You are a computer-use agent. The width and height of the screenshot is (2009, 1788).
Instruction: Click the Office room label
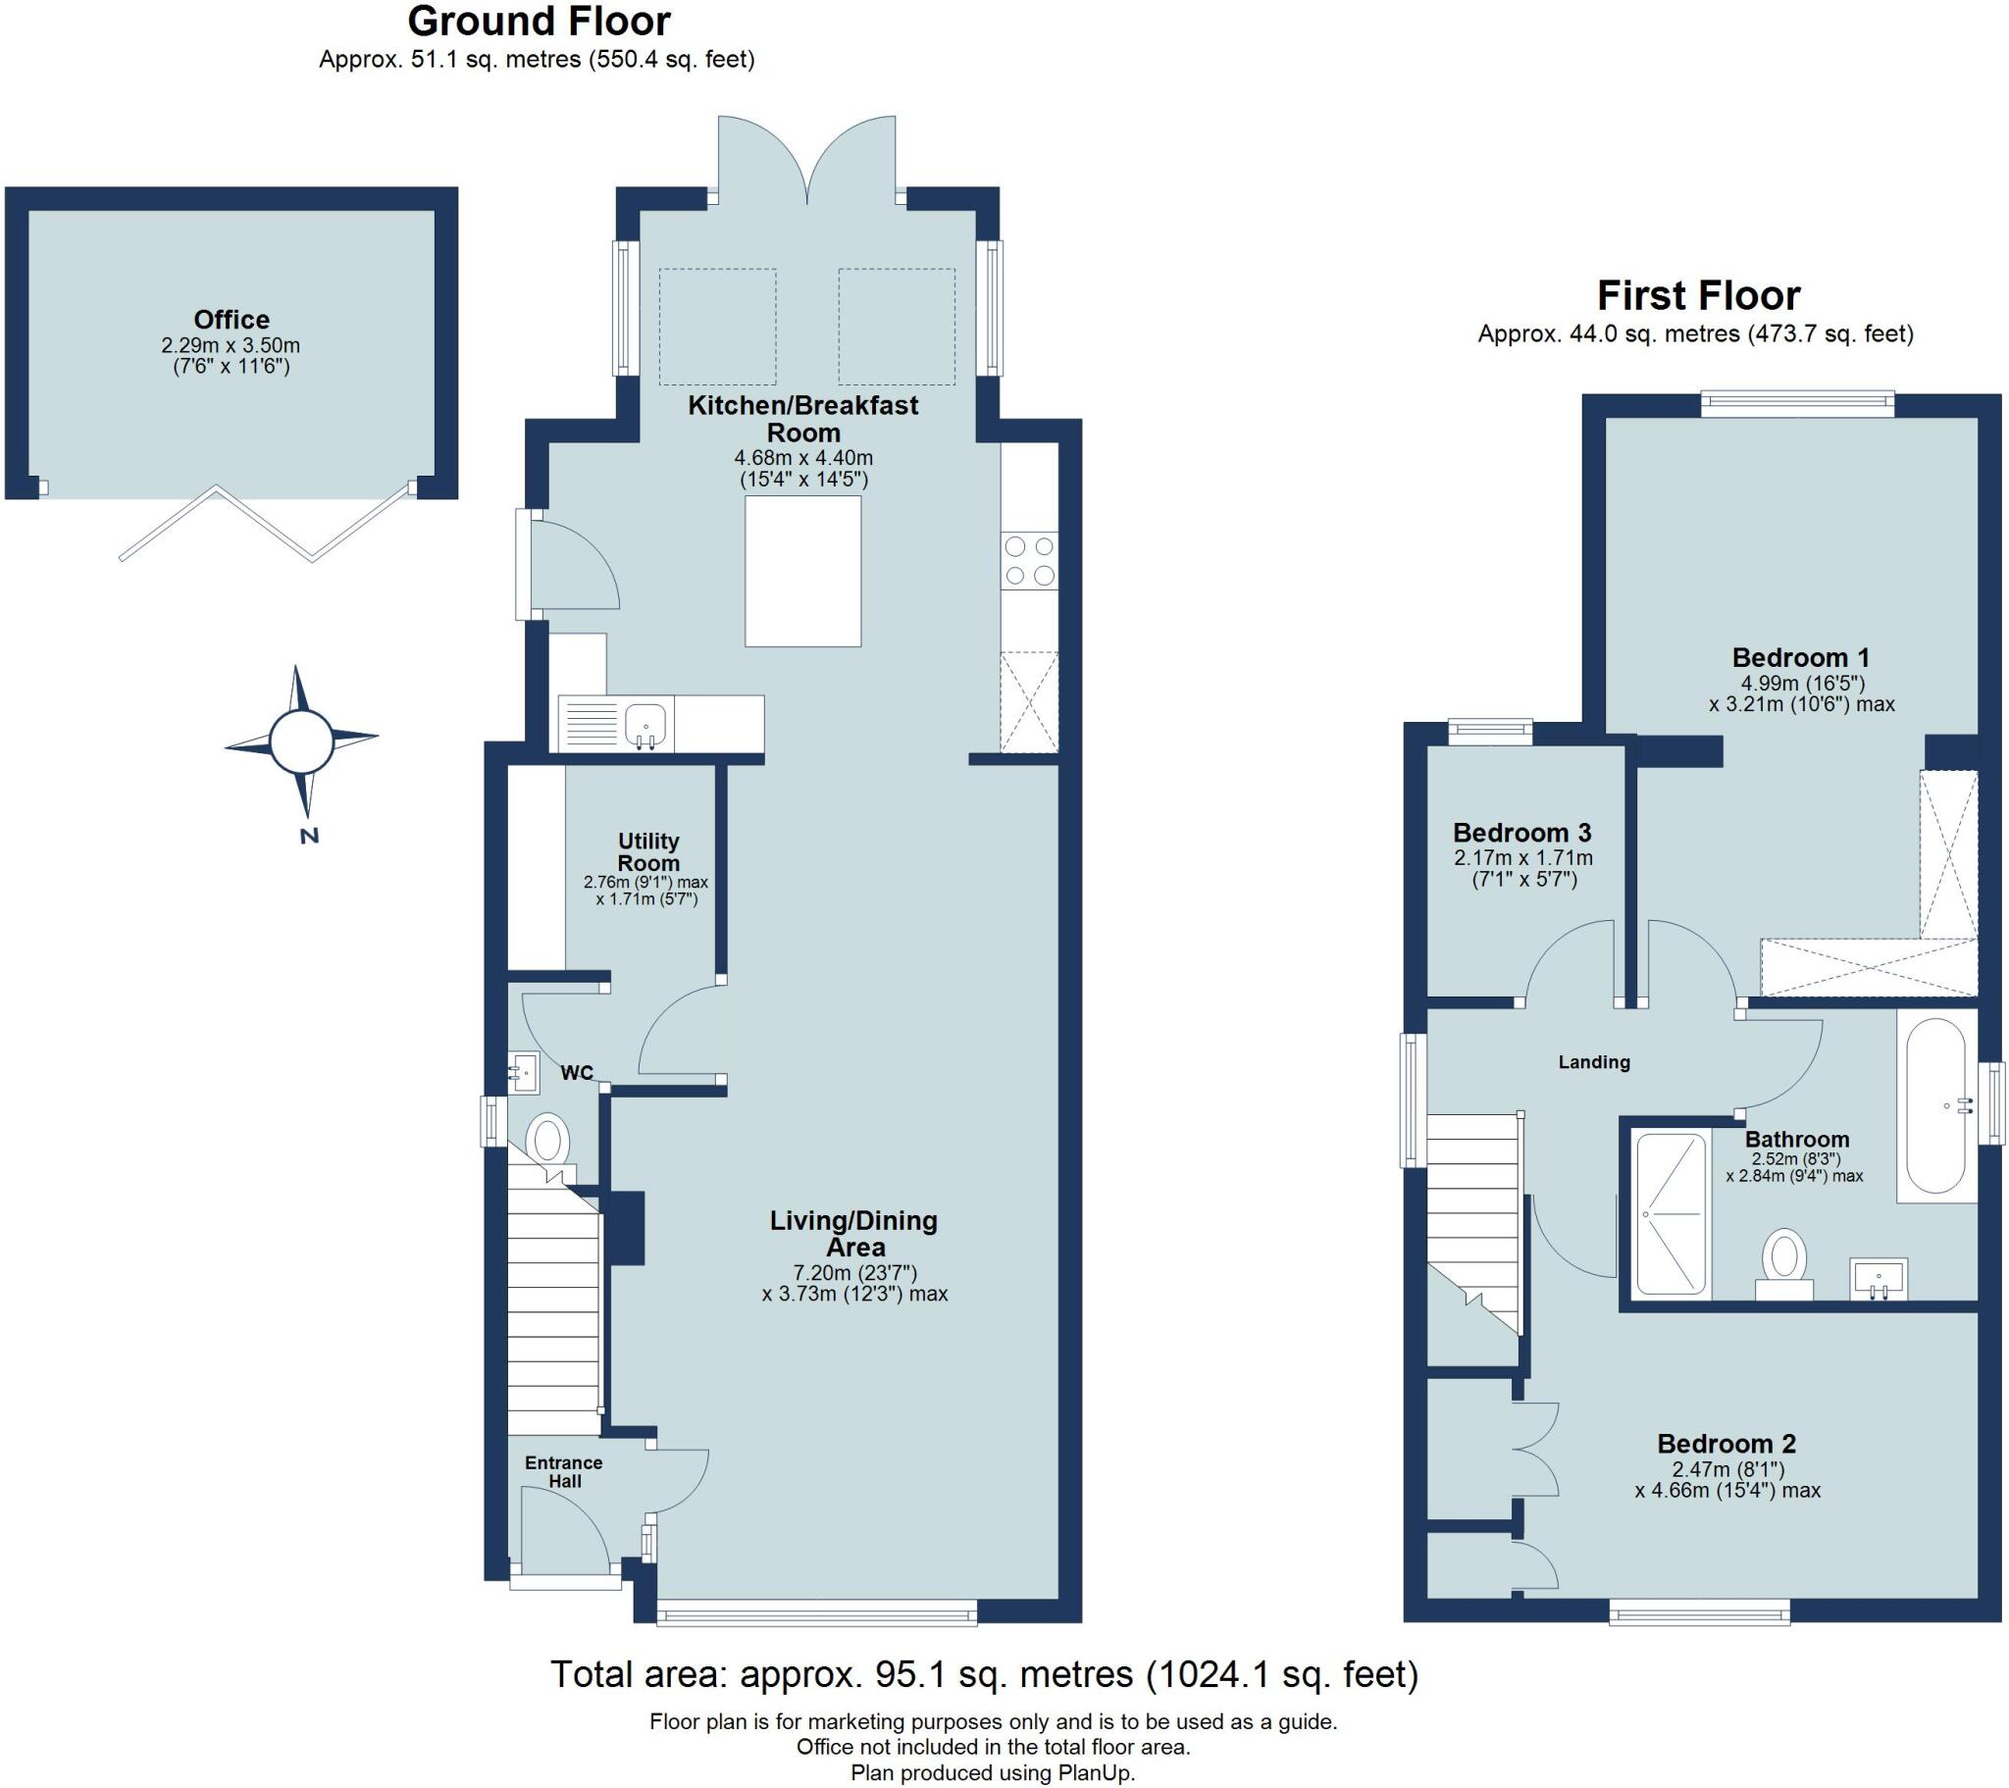pos(231,320)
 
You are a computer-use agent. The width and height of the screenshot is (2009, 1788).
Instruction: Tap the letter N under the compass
pos(310,837)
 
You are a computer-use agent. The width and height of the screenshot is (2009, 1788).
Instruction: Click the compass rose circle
pos(301,741)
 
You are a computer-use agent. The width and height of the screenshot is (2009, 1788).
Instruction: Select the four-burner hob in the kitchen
pos(1029,560)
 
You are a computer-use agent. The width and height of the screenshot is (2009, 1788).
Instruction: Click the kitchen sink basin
pos(644,724)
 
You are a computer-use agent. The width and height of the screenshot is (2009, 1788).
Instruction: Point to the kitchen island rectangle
pos(802,571)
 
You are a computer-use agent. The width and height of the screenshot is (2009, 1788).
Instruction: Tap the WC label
pos(577,1072)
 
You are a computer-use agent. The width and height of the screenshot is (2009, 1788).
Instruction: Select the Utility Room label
pos(647,851)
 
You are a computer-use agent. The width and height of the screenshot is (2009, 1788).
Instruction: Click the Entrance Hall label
pos(563,1471)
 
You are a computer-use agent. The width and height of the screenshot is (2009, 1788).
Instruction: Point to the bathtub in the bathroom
pos(1935,1104)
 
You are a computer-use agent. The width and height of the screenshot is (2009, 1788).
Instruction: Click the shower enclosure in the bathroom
pos(1670,1213)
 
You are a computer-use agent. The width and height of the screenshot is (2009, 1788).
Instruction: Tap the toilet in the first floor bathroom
pos(1784,1261)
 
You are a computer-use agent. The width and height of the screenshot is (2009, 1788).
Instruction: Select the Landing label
pos(1593,1061)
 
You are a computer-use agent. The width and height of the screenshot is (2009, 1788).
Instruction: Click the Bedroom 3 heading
pos(1521,833)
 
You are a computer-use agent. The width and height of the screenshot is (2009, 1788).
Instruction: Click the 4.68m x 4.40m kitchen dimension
pos(803,457)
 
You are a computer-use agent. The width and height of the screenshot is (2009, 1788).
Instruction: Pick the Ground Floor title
pos(539,21)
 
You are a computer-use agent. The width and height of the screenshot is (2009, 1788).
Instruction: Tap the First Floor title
pos(1697,295)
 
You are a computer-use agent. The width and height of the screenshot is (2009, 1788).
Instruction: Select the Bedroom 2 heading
pos(1726,1444)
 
